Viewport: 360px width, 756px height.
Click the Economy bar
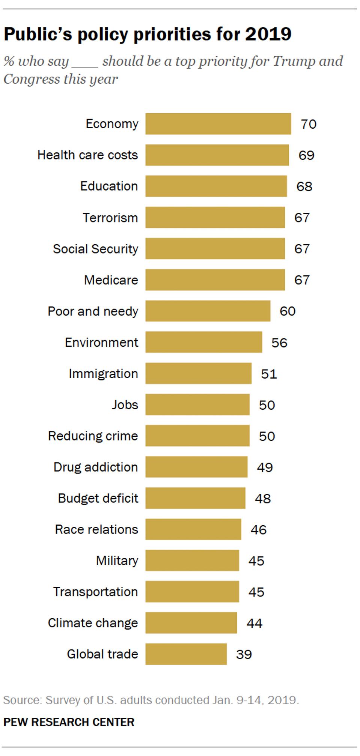pyautogui.click(x=218, y=124)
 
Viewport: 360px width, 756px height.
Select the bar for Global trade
pyautogui.click(x=186, y=654)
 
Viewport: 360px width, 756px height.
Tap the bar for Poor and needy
pyautogui.click(x=208, y=311)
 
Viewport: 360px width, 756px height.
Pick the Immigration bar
pyautogui.click(x=198, y=373)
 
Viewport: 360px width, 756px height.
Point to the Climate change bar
pyautogui.click(x=191, y=623)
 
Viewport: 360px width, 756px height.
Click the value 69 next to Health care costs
pyautogui.click(x=306, y=155)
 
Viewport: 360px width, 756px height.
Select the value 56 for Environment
pyautogui.click(x=279, y=343)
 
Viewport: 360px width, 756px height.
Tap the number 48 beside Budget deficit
pyautogui.click(x=263, y=498)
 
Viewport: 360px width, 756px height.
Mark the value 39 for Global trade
pyautogui.click(x=244, y=654)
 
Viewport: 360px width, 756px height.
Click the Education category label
pyautogui.click(x=109, y=186)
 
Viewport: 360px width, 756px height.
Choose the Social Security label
pyautogui.click(x=95, y=249)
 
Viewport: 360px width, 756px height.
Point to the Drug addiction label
pyautogui.click(x=95, y=467)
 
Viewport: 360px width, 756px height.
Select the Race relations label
pyautogui.click(x=96, y=529)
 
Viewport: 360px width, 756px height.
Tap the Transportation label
pyautogui.click(x=95, y=592)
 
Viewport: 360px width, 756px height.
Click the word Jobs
pyautogui.click(x=125, y=405)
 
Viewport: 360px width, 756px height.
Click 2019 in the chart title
pyautogui.click(x=268, y=35)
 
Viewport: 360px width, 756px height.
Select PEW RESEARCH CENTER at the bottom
pyautogui.click(x=69, y=722)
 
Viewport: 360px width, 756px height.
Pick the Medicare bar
pyautogui.click(x=215, y=280)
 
